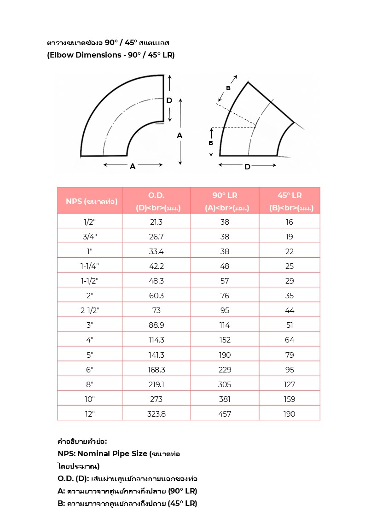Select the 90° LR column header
point(225,201)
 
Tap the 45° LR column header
point(290,201)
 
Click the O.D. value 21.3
point(156,222)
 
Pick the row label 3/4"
point(90,237)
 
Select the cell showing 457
point(225,414)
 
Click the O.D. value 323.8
point(156,414)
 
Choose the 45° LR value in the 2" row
point(290,296)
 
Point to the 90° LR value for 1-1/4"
point(225,266)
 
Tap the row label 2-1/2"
point(90,310)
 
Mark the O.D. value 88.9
point(156,325)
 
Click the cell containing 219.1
point(156,384)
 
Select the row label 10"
point(90,399)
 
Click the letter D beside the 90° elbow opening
point(169,100)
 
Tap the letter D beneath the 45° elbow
point(247,167)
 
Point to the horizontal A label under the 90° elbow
point(133,167)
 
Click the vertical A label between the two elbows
point(180,135)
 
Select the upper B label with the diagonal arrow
point(228,88)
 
